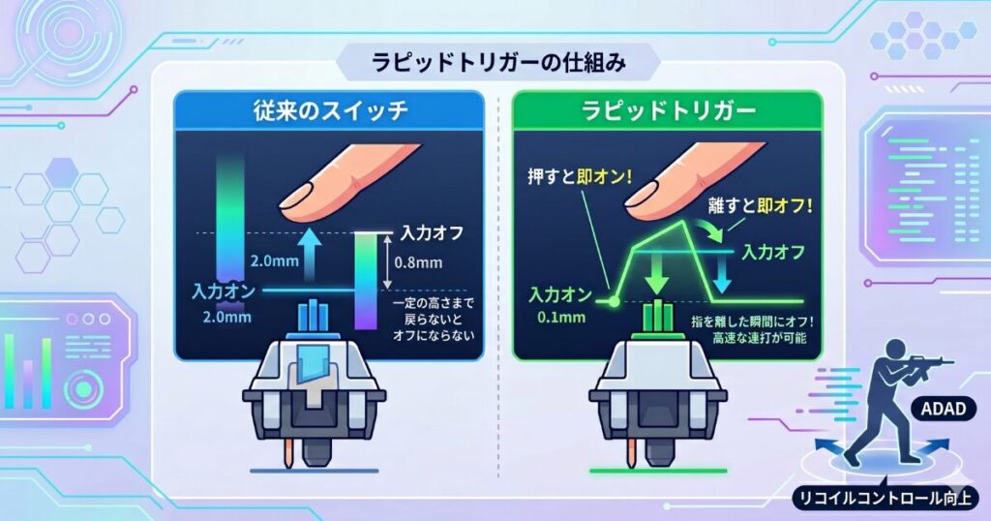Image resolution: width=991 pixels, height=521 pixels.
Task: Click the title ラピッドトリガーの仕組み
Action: [498, 63]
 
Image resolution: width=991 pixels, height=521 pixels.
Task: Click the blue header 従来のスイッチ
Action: [331, 111]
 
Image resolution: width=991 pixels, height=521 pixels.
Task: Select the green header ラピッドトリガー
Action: [669, 111]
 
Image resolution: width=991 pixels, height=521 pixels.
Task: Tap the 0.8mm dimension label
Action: [418, 261]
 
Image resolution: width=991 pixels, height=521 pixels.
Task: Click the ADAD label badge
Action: [943, 409]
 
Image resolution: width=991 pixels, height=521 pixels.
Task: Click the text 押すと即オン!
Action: [580, 176]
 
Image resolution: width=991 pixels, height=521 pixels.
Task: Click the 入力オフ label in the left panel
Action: [433, 233]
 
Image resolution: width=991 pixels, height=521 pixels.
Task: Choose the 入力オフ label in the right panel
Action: [773, 253]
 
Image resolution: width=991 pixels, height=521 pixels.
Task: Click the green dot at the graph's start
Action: [613, 302]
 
